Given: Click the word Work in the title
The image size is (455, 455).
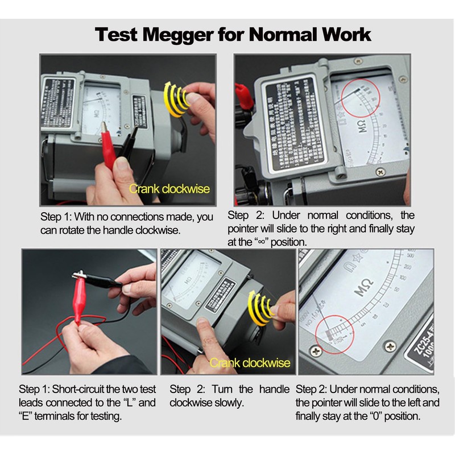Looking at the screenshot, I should [341, 34].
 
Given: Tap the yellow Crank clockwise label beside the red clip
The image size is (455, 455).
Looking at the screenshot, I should [169, 189].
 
